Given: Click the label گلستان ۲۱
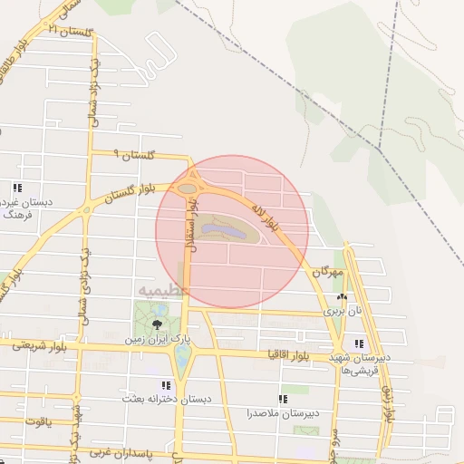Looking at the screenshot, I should coord(72,31).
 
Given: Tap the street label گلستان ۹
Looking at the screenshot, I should coord(136,156).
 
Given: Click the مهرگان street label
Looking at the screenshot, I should coord(329,271).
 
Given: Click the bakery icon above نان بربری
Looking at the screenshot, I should coord(342,297).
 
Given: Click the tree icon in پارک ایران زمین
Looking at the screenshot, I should coord(159,324).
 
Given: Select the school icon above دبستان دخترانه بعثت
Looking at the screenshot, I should coord(165,385).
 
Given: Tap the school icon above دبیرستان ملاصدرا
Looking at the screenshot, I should coord(283,399).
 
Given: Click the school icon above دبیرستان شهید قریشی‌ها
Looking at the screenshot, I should coord(360,344).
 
